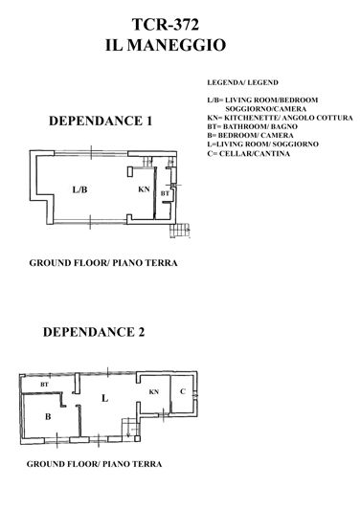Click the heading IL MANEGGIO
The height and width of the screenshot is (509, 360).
(x=180, y=44)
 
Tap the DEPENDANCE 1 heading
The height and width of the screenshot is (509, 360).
(x=101, y=122)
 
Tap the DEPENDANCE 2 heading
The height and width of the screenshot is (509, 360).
(x=93, y=333)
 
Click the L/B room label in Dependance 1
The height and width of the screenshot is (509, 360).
(x=79, y=189)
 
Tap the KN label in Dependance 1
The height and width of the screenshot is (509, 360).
(x=144, y=189)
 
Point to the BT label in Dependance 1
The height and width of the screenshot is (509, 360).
(x=166, y=194)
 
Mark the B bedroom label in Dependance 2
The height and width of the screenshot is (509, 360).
(x=47, y=415)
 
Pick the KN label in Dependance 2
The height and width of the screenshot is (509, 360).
(x=152, y=392)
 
